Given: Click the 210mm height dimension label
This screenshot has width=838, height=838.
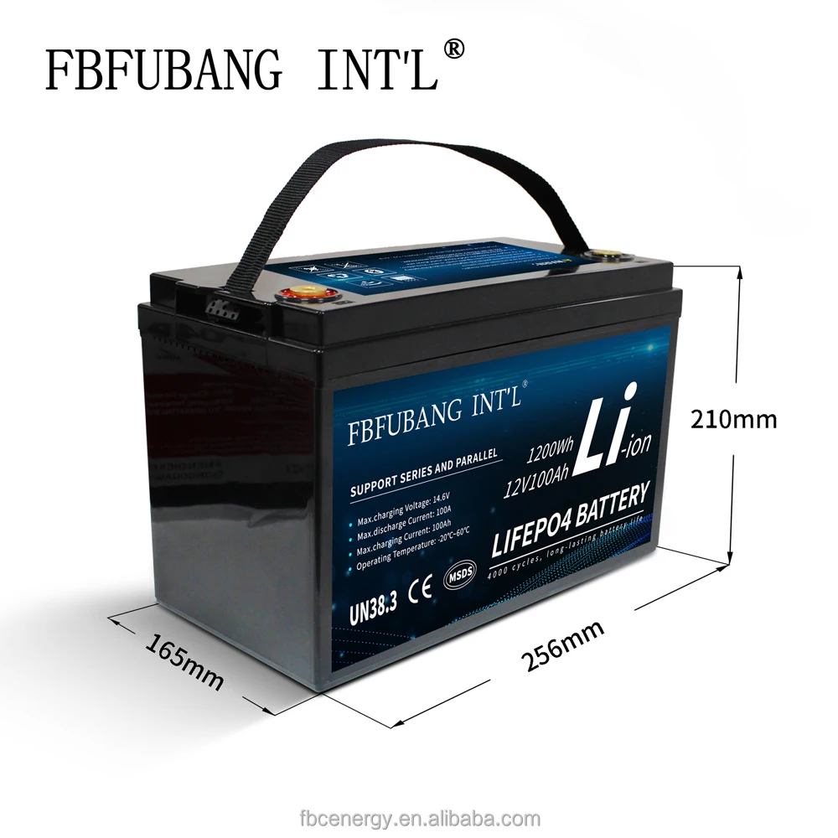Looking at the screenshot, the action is (x=733, y=418).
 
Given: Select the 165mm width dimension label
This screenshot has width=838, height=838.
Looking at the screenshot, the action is (x=185, y=662).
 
